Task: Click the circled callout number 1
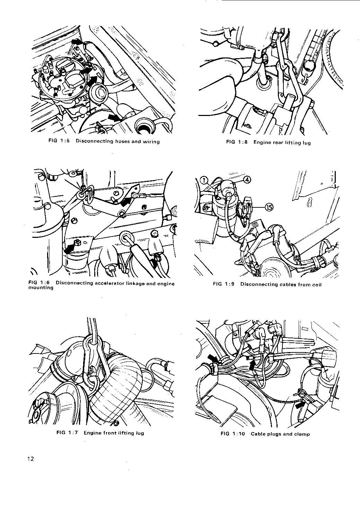204,180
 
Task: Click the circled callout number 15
269,207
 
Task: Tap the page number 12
31,459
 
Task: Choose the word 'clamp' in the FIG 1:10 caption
302,434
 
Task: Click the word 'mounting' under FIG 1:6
41,288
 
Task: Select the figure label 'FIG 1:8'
237,142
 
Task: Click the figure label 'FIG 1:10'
232,434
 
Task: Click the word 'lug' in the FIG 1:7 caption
140,433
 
